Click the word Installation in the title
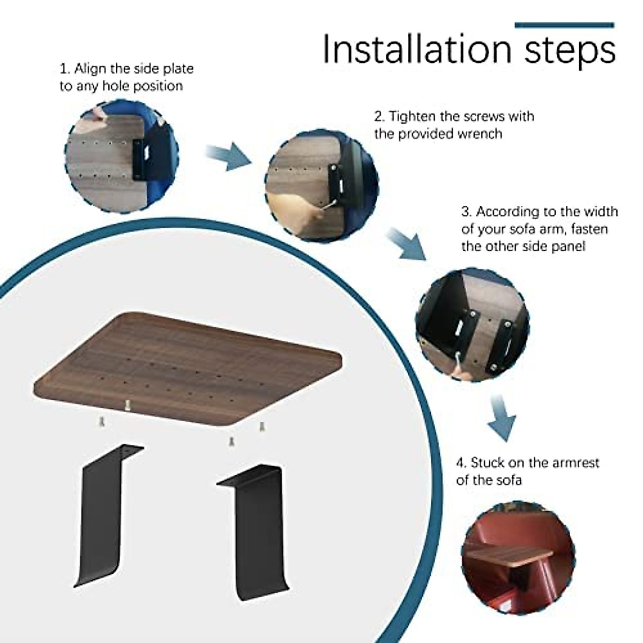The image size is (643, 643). pyautogui.click(x=417, y=49)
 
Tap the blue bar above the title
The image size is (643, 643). pyautogui.click(x=564, y=25)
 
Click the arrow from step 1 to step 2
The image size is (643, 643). pyautogui.click(x=228, y=156)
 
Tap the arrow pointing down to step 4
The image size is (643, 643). pyautogui.click(x=501, y=417)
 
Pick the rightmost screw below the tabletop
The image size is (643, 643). pyautogui.click(x=262, y=427)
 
